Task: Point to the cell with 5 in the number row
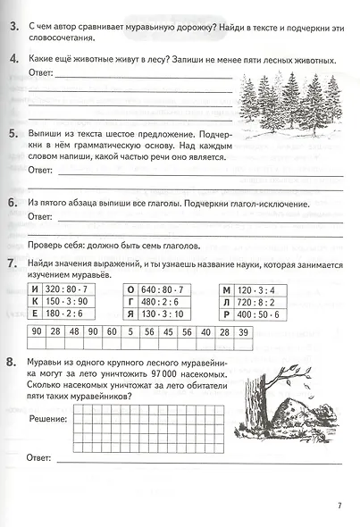130,332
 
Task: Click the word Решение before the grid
47,417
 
